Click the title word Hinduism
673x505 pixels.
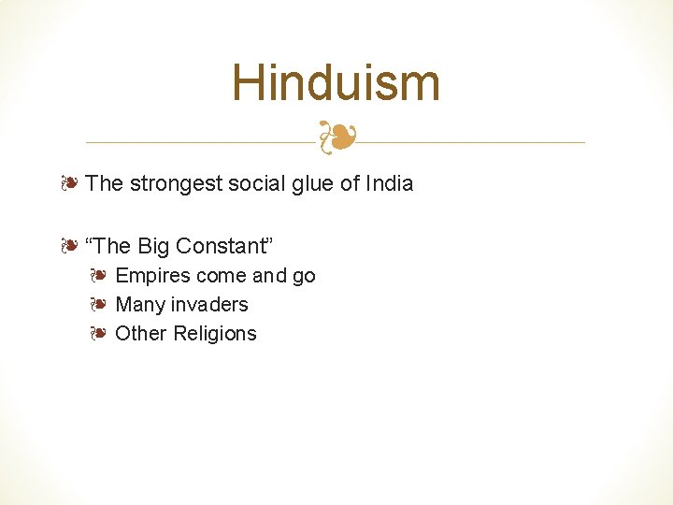coord(336,82)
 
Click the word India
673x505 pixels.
coord(389,183)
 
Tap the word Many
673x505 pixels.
coord(138,305)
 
